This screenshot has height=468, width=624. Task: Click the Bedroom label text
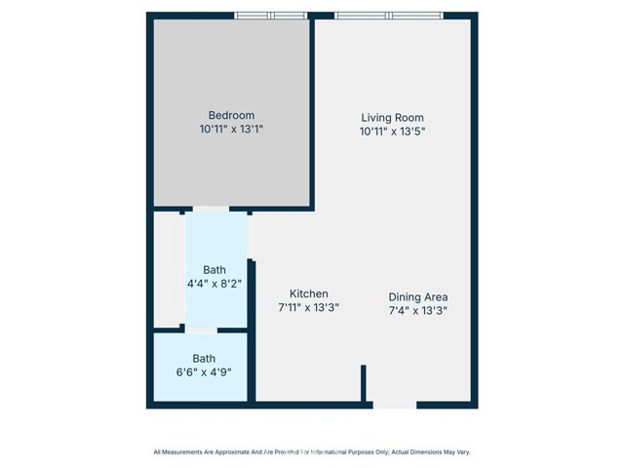coord(230,114)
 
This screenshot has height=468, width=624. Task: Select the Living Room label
coord(393,117)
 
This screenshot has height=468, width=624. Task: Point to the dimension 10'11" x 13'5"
coord(393,131)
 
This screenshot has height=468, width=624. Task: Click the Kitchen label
coord(308,293)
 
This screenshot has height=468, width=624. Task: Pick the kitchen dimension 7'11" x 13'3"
coord(308,308)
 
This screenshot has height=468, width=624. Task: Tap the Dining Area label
coord(417,297)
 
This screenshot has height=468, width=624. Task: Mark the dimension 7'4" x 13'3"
coord(417,311)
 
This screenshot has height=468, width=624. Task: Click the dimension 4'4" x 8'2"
coord(214,284)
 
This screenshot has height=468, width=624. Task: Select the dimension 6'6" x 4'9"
coord(204,371)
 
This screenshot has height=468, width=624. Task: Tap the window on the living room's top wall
coord(388,16)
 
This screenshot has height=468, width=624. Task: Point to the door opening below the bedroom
coord(211,209)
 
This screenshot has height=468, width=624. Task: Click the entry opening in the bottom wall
coord(395,404)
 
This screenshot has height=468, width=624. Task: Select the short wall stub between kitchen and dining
coord(364,385)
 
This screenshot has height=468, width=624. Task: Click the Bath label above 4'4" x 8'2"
coord(214,270)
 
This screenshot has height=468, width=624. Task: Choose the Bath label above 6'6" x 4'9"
coord(204,358)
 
